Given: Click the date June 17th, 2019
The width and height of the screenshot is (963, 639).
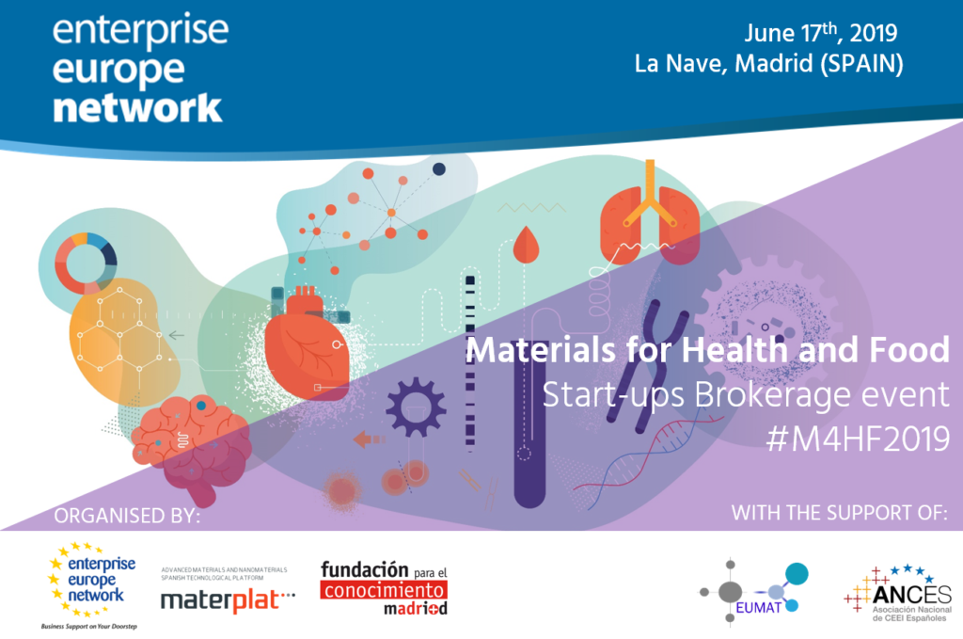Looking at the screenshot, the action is click(x=821, y=33).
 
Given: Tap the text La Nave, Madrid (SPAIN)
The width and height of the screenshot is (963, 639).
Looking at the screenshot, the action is click(x=769, y=63).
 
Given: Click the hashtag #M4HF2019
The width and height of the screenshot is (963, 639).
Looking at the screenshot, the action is click(x=858, y=439).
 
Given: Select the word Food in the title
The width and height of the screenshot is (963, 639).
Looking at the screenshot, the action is click(x=909, y=349).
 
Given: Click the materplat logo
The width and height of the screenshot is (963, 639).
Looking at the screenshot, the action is click(x=228, y=590).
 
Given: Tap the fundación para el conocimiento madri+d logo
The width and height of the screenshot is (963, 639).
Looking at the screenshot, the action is click(x=384, y=588).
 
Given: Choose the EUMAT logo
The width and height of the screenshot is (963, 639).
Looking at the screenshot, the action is click(x=755, y=590).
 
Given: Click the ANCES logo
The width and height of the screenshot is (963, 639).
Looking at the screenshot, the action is click(x=898, y=594).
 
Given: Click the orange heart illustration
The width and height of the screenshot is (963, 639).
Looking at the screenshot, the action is click(x=307, y=343).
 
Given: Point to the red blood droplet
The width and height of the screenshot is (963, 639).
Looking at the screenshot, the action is click(x=526, y=245).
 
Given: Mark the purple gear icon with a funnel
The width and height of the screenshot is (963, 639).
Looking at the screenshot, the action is click(x=416, y=407).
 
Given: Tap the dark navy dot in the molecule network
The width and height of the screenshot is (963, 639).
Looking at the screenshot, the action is click(x=439, y=169).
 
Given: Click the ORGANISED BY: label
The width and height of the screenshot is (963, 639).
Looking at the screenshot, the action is click(x=127, y=516).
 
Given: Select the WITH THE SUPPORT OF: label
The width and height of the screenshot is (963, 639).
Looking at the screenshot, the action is click(x=840, y=513).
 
